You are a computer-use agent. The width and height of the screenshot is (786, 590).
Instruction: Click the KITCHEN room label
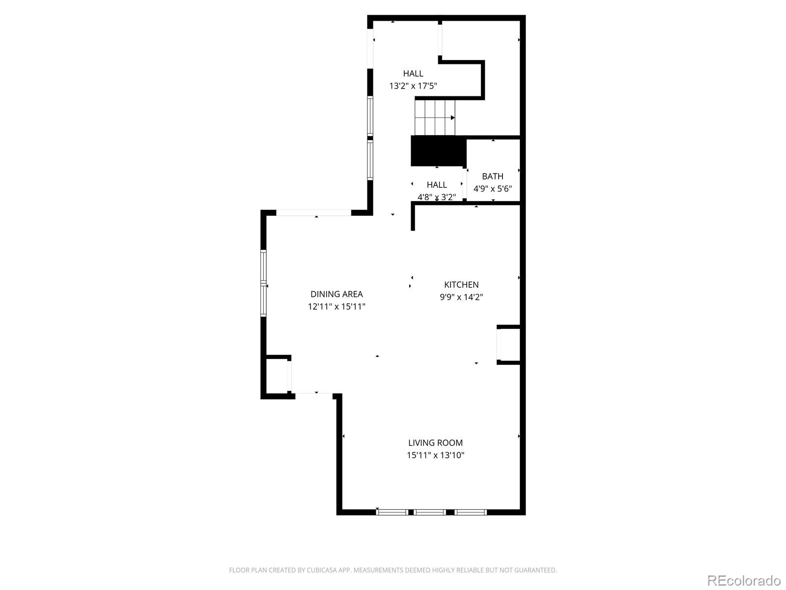(x=461, y=285)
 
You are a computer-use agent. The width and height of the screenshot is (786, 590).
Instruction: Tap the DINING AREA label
(x=337, y=294)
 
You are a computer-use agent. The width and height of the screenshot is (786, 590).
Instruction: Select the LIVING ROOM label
(x=435, y=442)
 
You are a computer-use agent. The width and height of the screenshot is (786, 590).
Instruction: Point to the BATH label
(x=492, y=176)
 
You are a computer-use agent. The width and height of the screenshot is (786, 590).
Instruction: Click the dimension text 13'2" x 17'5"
(x=413, y=86)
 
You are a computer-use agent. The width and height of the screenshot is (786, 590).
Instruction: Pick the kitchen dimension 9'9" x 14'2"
(x=461, y=297)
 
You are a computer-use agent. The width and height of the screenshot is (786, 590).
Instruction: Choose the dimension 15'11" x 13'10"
(x=435, y=455)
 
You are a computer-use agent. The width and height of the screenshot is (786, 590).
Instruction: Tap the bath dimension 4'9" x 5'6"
(x=492, y=189)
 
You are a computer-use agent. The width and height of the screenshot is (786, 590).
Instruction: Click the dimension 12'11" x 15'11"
(x=337, y=307)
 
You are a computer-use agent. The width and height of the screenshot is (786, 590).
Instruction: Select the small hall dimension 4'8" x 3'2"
(x=437, y=197)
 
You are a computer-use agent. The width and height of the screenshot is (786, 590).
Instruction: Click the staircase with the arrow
(x=435, y=117)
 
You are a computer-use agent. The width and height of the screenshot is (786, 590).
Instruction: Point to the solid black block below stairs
(x=438, y=151)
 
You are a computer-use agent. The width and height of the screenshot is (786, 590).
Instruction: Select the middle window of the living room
(x=430, y=512)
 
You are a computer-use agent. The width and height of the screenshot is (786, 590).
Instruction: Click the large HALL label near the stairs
(x=413, y=74)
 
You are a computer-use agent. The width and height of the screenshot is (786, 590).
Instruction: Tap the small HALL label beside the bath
(x=437, y=185)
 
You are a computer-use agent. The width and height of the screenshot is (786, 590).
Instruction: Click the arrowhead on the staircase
(x=452, y=118)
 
